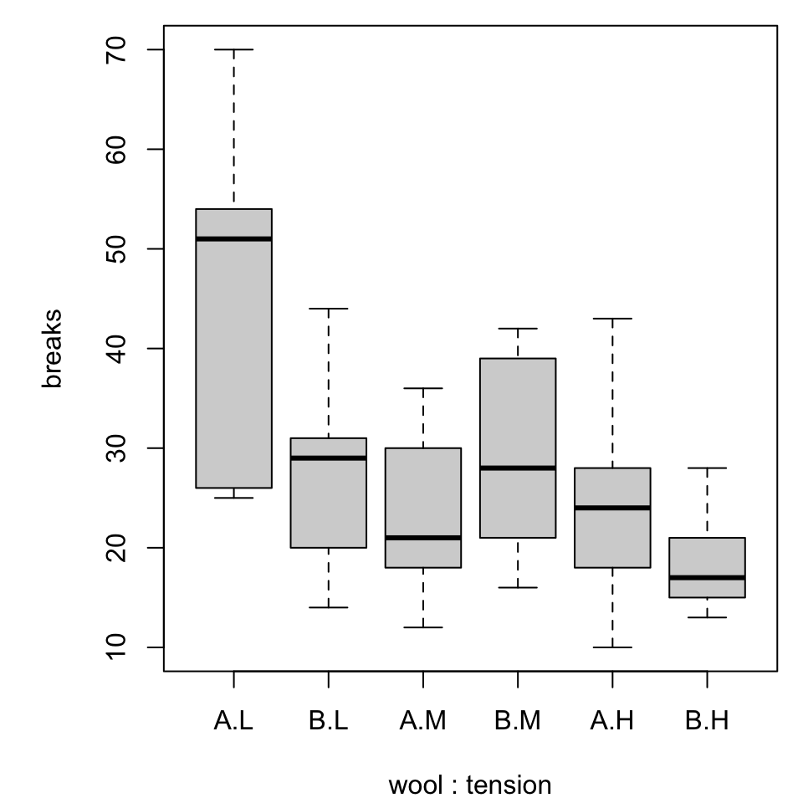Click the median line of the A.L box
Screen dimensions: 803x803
click(233, 238)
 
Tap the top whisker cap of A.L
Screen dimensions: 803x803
click(233, 50)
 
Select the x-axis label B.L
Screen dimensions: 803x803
click(328, 721)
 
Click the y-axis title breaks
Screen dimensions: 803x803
click(53, 349)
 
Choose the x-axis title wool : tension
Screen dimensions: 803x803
click(470, 785)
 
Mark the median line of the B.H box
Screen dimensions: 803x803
click(708, 577)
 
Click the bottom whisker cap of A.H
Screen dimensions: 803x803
click(612, 647)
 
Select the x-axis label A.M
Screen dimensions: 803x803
click(423, 721)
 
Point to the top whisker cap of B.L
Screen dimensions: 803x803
click(328, 309)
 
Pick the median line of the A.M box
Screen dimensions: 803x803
click(423, 537)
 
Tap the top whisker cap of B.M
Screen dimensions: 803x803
click(518, 329)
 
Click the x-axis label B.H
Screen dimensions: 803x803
click(708, 721)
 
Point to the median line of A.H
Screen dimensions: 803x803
click(612, 508)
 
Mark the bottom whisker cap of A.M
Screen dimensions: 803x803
click(423, 627)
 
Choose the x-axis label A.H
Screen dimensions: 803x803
click(612, 721)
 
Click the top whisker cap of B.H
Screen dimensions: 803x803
click(708, 468)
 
